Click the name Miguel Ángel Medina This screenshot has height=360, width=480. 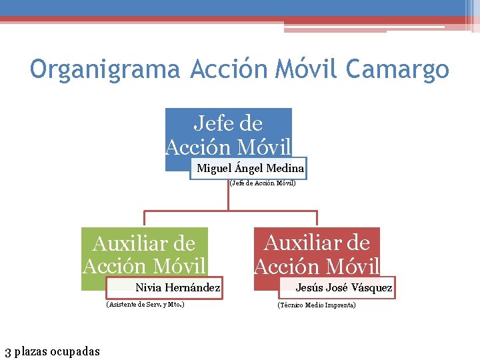click(x=250, y=169)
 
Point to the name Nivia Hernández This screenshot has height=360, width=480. click(x=177, y=288)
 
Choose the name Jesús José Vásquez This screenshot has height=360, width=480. click(x=344, y=288)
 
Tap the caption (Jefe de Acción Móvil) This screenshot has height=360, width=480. click(x=262, y=183)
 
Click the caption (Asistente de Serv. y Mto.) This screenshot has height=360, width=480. click(x=145, y=305)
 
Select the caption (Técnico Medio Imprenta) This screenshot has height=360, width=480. click(x=317, y=305)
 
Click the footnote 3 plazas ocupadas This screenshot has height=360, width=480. click(x=52, y=351)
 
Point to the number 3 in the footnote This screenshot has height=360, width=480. click(x=7, y=351)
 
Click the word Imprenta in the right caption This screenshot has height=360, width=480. click(x=341, y=305)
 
